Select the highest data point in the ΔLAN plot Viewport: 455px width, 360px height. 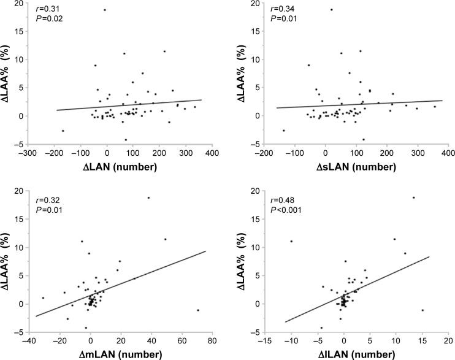tap(104, 10)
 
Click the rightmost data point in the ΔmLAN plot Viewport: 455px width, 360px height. tap(198, 310)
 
